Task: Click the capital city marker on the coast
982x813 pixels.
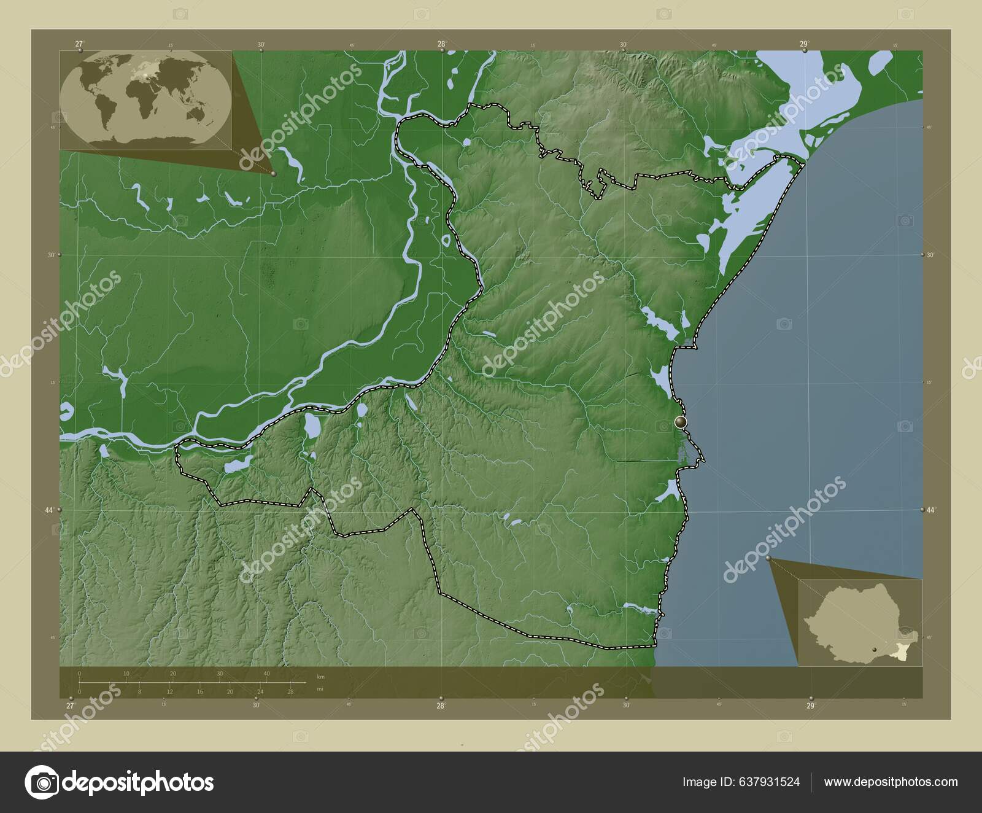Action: point(680,422)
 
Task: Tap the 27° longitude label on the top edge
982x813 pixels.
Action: point(79,44)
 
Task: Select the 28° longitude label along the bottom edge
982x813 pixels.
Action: point(440,706)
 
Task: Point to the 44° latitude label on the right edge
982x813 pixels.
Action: point(931,510)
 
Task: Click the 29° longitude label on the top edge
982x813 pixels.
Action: point(803,44)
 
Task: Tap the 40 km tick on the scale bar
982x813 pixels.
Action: point(266,674)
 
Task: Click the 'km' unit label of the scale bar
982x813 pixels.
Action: point(320,677)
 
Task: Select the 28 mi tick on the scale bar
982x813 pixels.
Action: point(291,691)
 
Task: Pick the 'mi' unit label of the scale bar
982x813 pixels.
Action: point(320,689)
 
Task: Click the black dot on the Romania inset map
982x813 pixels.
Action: point(874,648)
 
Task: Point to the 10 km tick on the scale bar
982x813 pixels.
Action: point(126,674)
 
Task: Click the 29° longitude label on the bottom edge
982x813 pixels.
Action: point(810,706)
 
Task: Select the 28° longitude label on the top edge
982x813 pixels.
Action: point(441,44)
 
